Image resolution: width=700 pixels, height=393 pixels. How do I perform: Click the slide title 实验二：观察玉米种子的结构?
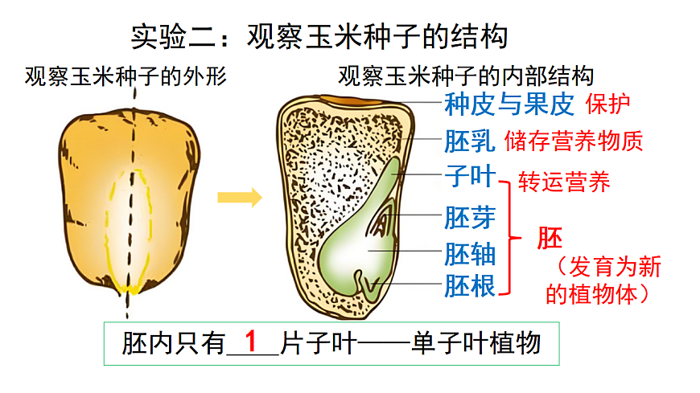point(319,36)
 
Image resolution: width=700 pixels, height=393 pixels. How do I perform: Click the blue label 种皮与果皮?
point(509,104)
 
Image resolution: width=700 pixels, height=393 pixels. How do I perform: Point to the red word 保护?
point(607,104)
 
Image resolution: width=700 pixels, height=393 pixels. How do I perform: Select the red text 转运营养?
point(564,181)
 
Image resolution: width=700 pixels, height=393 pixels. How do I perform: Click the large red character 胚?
point(550,238)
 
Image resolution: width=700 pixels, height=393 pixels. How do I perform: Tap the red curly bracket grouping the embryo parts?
point(508,237)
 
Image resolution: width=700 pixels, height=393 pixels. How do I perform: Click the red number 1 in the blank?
point(251,342)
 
